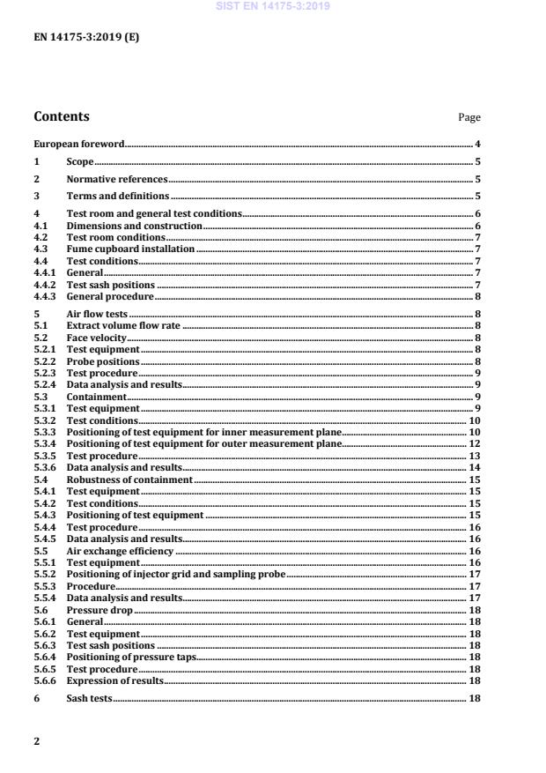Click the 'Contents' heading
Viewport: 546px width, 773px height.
click(61, 116)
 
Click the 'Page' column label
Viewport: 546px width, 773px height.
click(469, 117)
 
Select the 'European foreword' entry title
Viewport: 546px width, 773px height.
click(78, 144)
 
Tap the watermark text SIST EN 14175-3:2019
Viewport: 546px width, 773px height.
click(273, 6)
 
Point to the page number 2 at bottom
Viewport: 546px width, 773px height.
click(37, 740)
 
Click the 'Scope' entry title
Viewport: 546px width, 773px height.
click(80, 161)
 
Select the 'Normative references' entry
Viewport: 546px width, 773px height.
click(105, 179)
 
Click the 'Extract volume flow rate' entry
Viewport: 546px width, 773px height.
click(112, 325)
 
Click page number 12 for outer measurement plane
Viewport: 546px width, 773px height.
click(473, 443)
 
